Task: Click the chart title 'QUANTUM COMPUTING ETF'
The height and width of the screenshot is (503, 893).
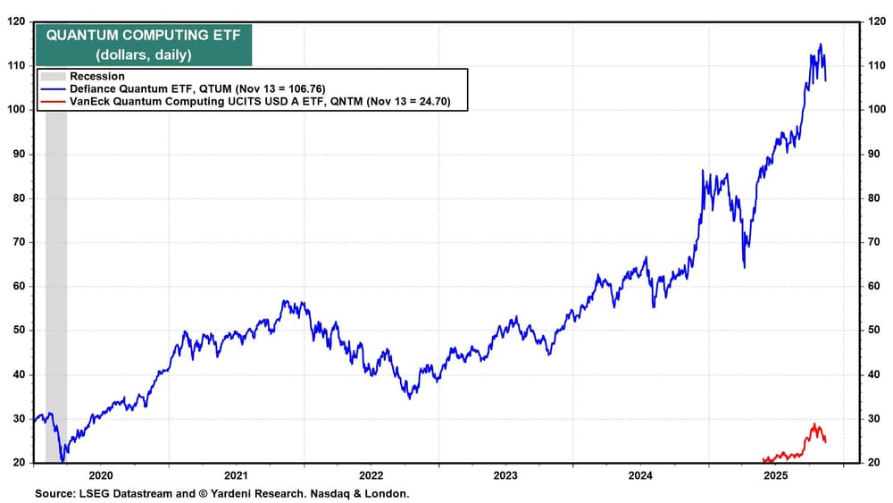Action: click(142, 35)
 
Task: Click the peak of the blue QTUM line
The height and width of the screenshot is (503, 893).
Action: click(821, 44)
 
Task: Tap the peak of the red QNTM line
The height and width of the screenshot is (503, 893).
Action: click(814, 423)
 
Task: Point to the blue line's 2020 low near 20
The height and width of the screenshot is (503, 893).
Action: click(62, 461)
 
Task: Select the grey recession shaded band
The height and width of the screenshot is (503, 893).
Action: click(55, 268)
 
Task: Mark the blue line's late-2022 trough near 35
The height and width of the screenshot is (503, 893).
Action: click(409, 398)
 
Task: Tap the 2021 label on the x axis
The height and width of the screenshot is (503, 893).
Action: click(235, 476)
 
